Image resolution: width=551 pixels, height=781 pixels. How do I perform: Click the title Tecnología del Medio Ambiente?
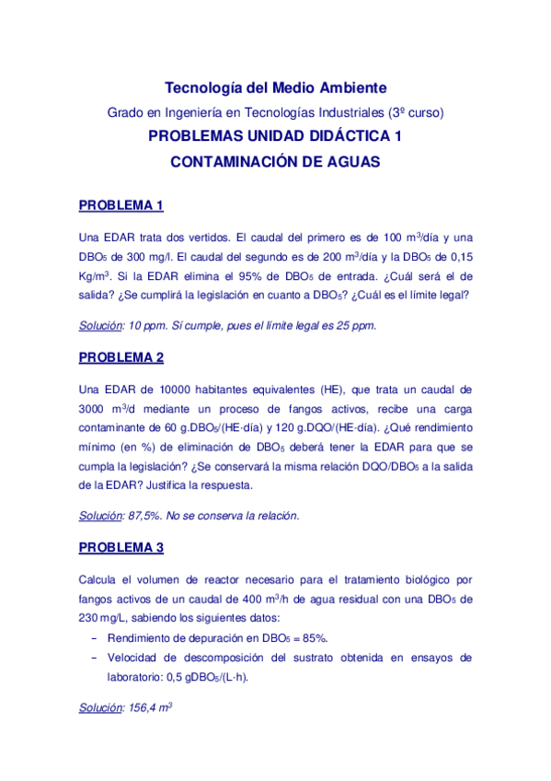coord(275,87)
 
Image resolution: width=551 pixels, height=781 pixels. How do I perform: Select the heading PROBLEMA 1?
coord(121,204)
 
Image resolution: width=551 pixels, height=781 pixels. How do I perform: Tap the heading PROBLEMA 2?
coord(121,357)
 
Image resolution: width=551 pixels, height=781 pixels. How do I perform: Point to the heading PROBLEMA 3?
coord(121,548)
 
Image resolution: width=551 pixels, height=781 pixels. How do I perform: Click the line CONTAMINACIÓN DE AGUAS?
coord(275,160)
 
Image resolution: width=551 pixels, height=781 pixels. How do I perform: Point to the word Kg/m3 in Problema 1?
coord(95,275)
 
